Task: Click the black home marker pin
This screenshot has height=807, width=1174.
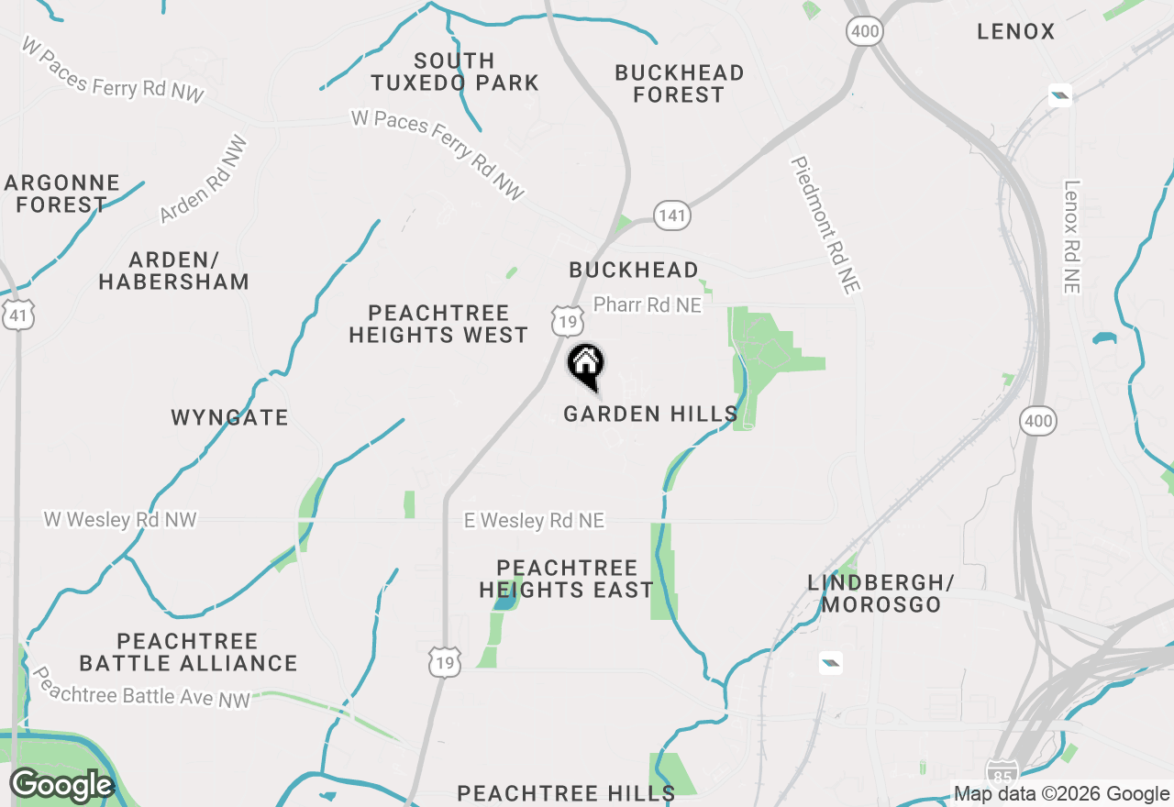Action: tap(585, 365)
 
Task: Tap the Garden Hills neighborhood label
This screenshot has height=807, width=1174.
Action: tap(650, 415)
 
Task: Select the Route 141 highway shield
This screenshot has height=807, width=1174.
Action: tap(672, 216)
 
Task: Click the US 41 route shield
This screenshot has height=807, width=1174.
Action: tap(18, 315)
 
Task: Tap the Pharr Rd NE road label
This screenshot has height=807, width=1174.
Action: tap(647, 304)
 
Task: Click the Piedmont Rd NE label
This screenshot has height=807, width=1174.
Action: tap(826, 226)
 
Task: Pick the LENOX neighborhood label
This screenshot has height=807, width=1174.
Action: tap(1015, 32)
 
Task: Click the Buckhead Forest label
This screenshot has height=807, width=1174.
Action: tap(679, 83)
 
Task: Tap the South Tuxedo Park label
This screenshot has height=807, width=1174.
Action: tap(455, 72)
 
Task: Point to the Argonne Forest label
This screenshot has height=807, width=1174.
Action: tap(61, 193)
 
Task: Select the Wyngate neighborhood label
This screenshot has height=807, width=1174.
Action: tap(229, 418)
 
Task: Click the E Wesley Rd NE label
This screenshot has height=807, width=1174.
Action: tap(534, 521)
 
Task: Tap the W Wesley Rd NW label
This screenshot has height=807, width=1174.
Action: tap(120, 520)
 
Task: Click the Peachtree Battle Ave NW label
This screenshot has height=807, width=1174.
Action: tap(141, 687)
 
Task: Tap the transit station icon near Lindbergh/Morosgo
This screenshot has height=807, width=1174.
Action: tap(830, 662)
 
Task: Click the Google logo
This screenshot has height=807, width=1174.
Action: tap(61, 785)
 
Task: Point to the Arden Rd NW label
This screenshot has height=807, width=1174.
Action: tap(204, 180)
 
